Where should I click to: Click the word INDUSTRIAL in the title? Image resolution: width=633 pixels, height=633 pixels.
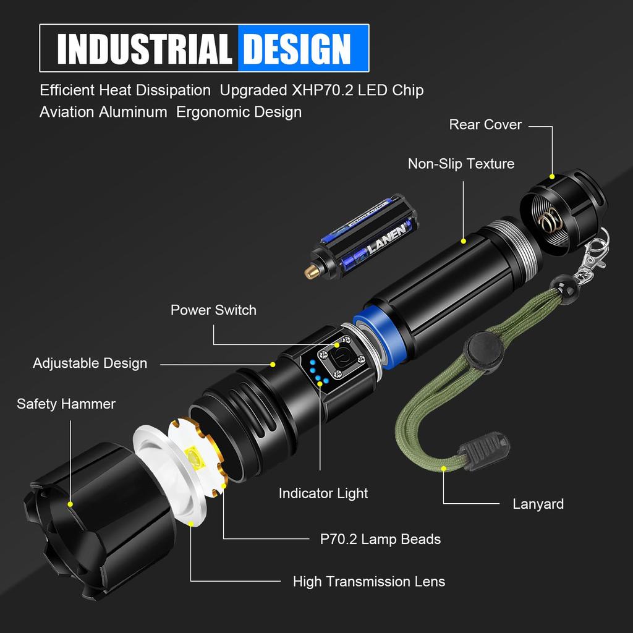coord(144,49)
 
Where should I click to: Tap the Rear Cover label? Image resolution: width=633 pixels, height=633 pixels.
coord(485,125)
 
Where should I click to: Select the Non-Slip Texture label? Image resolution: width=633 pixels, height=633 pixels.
coord(461,164)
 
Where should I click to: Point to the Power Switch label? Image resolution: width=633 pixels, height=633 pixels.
coord(213,310)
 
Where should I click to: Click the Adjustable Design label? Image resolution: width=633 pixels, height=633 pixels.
coord(90,363)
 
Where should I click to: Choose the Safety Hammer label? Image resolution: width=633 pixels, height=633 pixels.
coord(66,404)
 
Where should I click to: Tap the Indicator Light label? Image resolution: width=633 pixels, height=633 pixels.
coord(323,493)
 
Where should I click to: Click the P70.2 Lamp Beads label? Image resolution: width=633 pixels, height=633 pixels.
coord(380,539)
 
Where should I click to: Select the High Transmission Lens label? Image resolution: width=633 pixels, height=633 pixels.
coord(368,582)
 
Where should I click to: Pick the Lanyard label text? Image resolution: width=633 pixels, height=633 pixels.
coord(538,504)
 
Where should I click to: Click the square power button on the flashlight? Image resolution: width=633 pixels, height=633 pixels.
coord(339,359)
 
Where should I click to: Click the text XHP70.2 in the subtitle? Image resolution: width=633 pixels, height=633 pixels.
coord(322,90)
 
